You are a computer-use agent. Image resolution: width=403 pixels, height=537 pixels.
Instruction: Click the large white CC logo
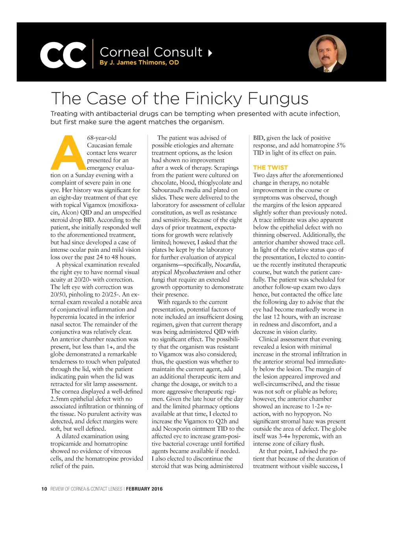coord(63,55)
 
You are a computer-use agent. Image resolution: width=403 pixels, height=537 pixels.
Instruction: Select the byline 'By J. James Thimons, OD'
coord(139,63)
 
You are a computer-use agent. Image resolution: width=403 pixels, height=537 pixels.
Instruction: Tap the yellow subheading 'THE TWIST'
coord(270,168)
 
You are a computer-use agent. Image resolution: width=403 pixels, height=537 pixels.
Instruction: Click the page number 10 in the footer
coord(44,489)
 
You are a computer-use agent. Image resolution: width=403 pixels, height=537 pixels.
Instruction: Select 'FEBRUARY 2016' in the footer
coord(144,489)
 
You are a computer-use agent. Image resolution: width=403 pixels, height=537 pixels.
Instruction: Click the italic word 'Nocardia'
coord(227,265)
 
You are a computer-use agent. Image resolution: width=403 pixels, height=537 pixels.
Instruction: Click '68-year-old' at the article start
coord(102,138)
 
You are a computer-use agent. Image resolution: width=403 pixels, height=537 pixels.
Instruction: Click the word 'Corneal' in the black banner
coord(124,52)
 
